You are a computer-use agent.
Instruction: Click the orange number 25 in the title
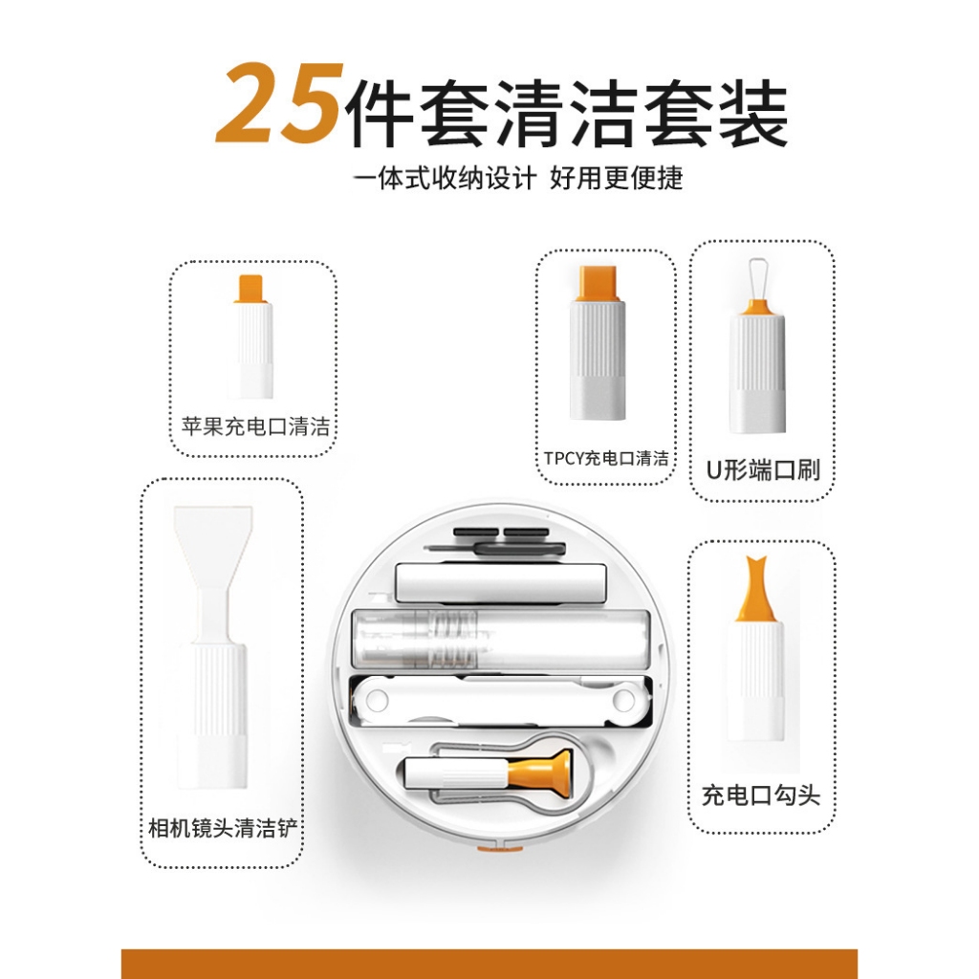(x=280, y=103)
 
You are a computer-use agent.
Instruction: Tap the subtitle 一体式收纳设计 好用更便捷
(x=518, y=179)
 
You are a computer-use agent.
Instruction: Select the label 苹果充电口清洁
(x=255, y=426)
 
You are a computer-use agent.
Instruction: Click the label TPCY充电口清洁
(x=605, y=458)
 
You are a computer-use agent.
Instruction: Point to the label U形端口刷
(x=763, y=469)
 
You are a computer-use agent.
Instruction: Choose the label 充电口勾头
(x=761, y=795)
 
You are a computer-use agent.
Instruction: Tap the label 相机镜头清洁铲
(x=223, y=828)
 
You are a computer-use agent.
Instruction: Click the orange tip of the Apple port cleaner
(x=251, y=289)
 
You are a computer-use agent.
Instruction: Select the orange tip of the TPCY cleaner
(x=598, y=283)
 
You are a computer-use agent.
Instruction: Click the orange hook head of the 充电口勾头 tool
(x=756, y=589)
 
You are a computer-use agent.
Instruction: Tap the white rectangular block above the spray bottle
(x=501, y=583)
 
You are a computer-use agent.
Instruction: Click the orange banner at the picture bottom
(x=489, y=964)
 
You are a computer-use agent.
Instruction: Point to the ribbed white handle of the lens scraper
(x=212, y=716)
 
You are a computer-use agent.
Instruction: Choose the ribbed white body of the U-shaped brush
(x=757, y=374)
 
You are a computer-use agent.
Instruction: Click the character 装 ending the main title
(x=753, y=114)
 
